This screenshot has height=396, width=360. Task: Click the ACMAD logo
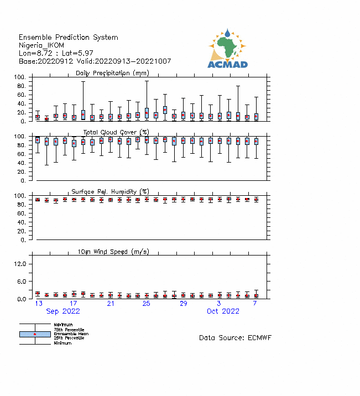coord(227,49)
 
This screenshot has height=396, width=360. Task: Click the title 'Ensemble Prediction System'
coord(68,37)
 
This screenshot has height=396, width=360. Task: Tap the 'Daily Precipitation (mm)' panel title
coord(112,73)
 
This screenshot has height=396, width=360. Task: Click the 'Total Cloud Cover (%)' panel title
coord(117,132)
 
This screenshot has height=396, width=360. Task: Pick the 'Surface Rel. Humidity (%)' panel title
coord(110,191)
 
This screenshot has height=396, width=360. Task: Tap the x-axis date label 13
coord(39,304)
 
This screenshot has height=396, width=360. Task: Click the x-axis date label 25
coord(146,304)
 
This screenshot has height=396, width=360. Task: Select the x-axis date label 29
coord(183,304)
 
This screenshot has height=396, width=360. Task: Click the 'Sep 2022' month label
coord(62,311)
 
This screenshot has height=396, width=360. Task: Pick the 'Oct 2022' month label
coord(223,311)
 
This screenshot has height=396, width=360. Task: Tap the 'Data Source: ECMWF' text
coord(235,337)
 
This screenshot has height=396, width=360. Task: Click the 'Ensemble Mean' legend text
coord(70,334)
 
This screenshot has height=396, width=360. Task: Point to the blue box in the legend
coord(35,334)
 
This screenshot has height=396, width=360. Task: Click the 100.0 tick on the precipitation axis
coord(20,77)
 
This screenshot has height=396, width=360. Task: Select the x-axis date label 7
coord(255,304)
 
